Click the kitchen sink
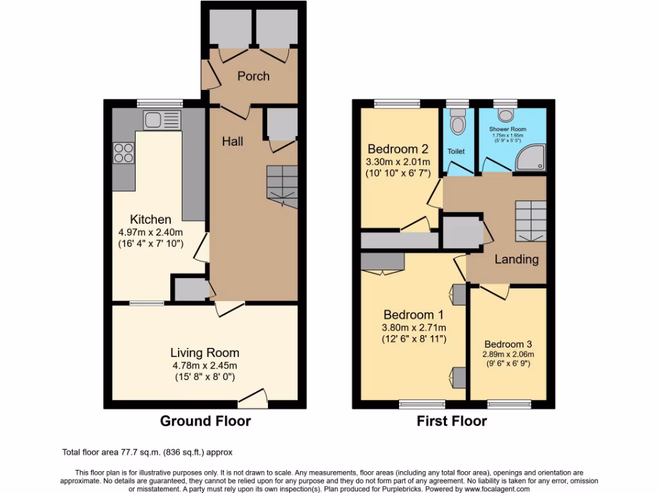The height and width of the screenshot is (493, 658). click(x=161, y=119)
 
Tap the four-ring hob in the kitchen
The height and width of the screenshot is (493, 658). click(x=125, y=152)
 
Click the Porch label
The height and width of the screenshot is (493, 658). click(x=253, y=76)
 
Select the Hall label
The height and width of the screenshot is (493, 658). click(x=233, y=141)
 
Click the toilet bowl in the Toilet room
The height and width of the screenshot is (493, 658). click(x=458, y=122)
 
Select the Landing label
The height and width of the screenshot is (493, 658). click(x=516, y=259)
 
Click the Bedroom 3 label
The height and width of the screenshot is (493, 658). click(x=508, y=343)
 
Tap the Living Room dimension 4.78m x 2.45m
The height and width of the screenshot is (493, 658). click(x=204, y=366)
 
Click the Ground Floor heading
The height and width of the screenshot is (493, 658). click(x=204, y=421)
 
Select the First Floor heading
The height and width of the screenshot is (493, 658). click(x=452, y=421)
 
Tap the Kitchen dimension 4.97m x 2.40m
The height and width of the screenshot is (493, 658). click(x=151, y=232)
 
